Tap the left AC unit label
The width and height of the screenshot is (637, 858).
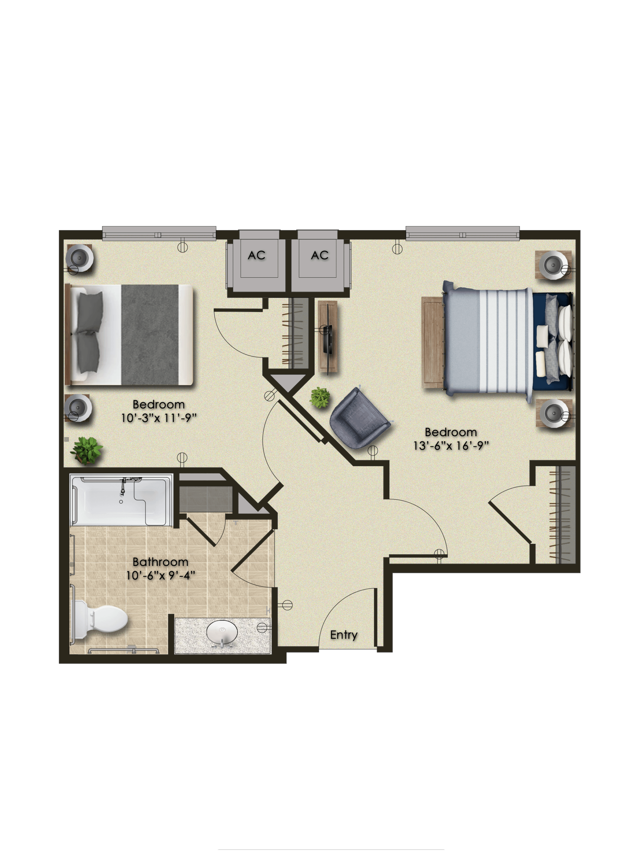click(256, 255)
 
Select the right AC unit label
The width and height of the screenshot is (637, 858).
click(320, 255)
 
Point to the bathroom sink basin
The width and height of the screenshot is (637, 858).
click(222, 633)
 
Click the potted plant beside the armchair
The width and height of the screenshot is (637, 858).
click(320, 398)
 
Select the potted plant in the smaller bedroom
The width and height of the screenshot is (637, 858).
click(86, 450)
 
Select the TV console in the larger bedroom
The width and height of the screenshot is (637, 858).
click(328, 337)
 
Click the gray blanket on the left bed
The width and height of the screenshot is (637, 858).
click(150, 335)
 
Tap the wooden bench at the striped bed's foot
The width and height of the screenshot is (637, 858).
click(433, 342)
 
